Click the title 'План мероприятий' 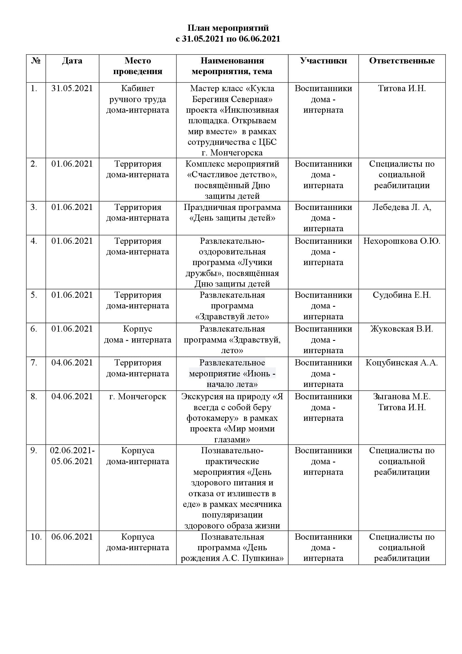click(x=228, y=28)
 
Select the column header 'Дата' click(x=72, y=61)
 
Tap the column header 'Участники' click(x=323, y=61)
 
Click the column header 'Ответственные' click(x=402, y=61)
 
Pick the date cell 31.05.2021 click(x=72, y=88)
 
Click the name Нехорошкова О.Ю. click(x=402, y=241)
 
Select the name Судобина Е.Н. click(x=402, y=295)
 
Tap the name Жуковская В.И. click(x=402, y=329)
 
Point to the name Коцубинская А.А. click(x=402, y=363)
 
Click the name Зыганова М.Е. click(x=402, y=396)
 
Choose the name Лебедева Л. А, click(x=402, y=207)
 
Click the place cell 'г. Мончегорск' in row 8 click(x=138, y=396)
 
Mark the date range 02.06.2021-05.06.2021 click(x=72, y=456)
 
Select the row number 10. click(x=36, y=537)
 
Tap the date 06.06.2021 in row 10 click(x=72, y=537)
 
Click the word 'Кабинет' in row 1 click(x=138, y=88)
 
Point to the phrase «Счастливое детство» click(x=232, y=174)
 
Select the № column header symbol click(x=36, y=61)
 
